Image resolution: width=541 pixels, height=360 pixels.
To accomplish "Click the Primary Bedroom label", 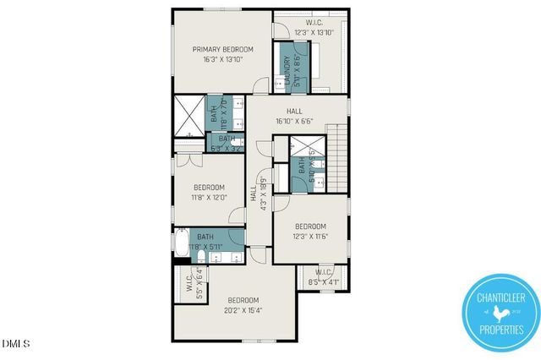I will point(222,50).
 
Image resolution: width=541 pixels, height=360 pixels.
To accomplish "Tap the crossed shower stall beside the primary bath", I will point(189,116).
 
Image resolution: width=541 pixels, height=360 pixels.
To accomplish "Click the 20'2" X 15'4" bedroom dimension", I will point(243,310).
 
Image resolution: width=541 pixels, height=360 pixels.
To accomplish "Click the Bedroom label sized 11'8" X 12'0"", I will point(208,188).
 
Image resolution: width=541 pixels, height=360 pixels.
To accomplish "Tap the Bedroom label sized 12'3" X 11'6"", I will point(310,226).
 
